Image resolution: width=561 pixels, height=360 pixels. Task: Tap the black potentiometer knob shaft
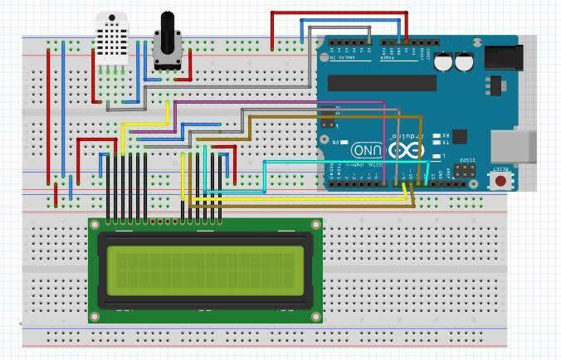click(x=168, y=25)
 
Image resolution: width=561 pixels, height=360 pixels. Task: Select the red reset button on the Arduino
click(x=500, y=180)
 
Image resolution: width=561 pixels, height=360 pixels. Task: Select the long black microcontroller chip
click(x=381, y=82)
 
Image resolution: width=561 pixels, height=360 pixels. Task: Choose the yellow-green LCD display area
click(x=204, y=268)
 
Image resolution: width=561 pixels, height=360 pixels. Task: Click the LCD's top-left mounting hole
click(x=95, y=225)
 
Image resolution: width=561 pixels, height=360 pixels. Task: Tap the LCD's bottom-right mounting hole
click(x=315, y=316)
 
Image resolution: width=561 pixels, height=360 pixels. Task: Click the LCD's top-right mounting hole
click(x=315, y=225)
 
